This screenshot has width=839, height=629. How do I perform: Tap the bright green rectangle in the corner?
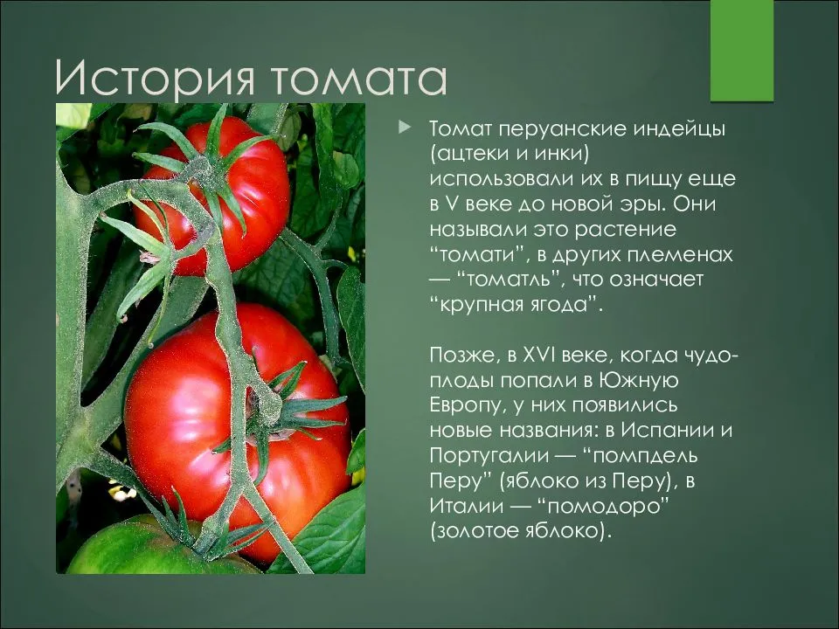click(742, 51)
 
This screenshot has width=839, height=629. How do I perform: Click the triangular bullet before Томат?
click(405, 128)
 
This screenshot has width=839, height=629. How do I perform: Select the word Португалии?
click(489, 456)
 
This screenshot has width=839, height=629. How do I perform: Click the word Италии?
click(467, 505)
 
